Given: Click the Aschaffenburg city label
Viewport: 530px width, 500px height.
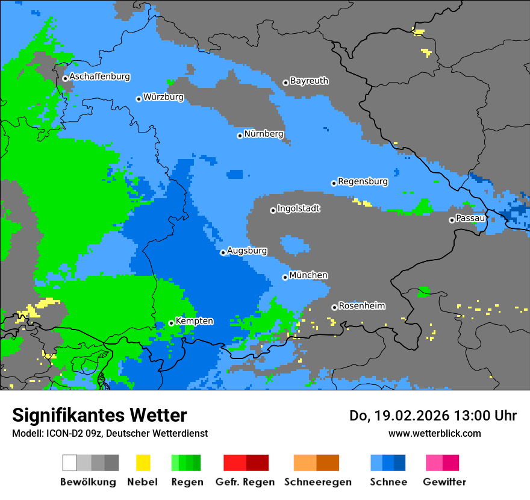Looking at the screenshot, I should pyautogui.click(x=99, y=77).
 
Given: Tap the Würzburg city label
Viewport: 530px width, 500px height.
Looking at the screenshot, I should pyautogui.click(x=163, y=97).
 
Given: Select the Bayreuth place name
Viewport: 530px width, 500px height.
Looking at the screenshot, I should pyautogui.click(x=309, y=81).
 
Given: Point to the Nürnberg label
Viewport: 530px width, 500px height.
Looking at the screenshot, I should pyautogui.click(x=264, y=134).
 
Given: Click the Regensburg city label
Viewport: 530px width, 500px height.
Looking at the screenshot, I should pyautogui.click(x=363, y=181).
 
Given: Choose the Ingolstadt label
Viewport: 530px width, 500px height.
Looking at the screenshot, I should pyautogui.click(x=299, y=208).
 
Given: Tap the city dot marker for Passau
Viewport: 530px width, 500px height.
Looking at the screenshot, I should pyautogui.click(x=452, y=220).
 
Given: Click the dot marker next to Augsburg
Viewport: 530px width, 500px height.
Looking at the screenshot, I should pyautogui.click(x=223, y=253).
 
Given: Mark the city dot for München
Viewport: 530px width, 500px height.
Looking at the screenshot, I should pyautogui.click(x=285, y=277).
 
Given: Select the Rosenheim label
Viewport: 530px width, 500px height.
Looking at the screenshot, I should pyautogui.click(x=362, y=306).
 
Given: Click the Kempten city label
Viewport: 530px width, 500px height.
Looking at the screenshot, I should pyautogui.click(x=194, y=321).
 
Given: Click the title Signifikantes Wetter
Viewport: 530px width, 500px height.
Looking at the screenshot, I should pyautogui.click(x=99, y=415).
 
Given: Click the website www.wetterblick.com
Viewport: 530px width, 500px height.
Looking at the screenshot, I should pyautogui.click(x=434, y=433).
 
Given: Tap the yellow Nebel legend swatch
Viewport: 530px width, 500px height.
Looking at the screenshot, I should pyautogui.click(x=143, y=463).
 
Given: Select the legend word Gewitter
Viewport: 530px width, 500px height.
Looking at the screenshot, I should pyautogui.click(x=444, y=482).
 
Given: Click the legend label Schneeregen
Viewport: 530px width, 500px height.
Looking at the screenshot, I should pyautogui.click(x=316, y=482).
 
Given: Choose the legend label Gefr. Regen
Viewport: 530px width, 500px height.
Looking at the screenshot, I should pyautogui.click(x=245, y=482).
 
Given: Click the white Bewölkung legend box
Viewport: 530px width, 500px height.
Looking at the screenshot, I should pyautogui.click(x=70, y=463).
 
